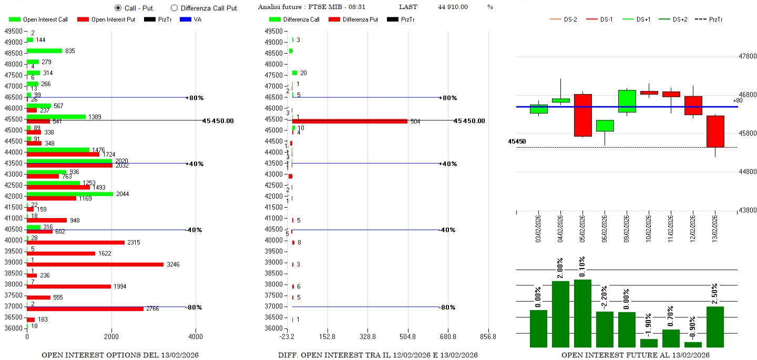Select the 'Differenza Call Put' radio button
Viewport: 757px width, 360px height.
(174, 8)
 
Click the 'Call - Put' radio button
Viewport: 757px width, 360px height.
(118, 8)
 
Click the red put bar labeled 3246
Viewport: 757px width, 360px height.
(95, 264)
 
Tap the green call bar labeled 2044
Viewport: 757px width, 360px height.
(70, 194)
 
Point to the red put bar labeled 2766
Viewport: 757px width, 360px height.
(85, 308)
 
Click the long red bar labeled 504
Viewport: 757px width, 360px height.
(350, 121)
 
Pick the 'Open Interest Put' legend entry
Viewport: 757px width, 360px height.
(106, 19)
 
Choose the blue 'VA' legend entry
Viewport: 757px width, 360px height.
(191, 19)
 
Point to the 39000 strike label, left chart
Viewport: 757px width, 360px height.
(13, 262)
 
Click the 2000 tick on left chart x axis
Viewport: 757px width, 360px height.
(111, 336)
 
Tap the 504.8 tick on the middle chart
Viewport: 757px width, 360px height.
(407, 336)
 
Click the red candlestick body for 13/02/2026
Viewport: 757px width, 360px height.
(715, 131)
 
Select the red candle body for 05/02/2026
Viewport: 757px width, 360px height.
(583, 115)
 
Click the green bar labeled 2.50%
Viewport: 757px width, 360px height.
(715, 326)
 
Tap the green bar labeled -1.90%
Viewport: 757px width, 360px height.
(649, 343)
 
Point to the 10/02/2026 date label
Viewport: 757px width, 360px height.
(649, 227)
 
